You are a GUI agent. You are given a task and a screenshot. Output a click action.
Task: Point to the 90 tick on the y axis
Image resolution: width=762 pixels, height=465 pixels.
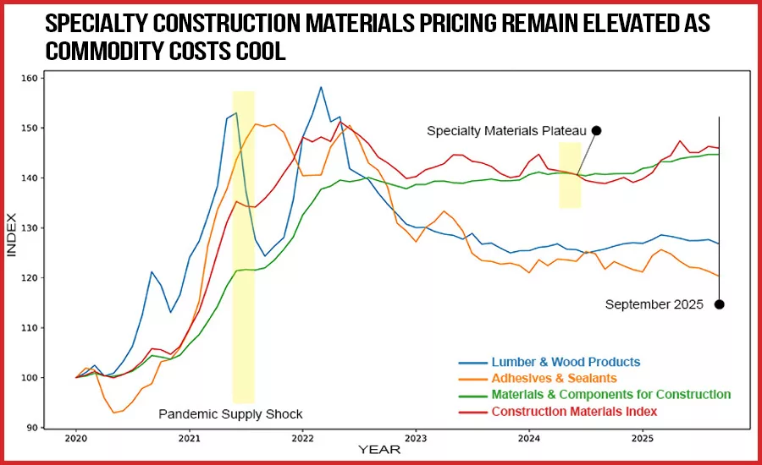[32, 428]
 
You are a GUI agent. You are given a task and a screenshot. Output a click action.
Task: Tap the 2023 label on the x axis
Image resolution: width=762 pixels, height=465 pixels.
[416, 439]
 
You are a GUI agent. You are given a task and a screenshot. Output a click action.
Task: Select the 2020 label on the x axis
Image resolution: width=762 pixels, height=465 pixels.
[75, 439]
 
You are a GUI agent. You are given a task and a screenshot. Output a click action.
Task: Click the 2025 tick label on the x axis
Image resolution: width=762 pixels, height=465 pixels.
[643, 439]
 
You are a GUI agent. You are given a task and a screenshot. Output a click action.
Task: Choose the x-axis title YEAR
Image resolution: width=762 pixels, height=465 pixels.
[374, 450]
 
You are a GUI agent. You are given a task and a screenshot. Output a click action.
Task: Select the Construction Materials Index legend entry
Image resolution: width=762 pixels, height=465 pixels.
[574, 411]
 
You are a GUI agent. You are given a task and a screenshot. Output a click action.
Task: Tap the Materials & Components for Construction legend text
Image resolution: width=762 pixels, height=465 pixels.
[610, 395]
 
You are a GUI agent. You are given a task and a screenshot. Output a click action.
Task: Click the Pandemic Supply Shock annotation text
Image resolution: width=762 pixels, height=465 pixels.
[230, 414]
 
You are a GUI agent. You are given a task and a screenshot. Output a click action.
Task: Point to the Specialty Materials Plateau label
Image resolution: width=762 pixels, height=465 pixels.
[506, 131]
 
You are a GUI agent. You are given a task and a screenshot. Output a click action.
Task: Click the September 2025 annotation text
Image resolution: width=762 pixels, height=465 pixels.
[654, 305]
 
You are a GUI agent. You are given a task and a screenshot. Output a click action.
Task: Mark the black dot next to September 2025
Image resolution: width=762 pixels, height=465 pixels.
[719, 304]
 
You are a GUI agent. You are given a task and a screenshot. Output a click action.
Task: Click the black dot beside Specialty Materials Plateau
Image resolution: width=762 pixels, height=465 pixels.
[596, 130]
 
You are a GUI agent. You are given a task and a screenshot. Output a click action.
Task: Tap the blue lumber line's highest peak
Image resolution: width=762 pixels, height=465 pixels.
[321, 87]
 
